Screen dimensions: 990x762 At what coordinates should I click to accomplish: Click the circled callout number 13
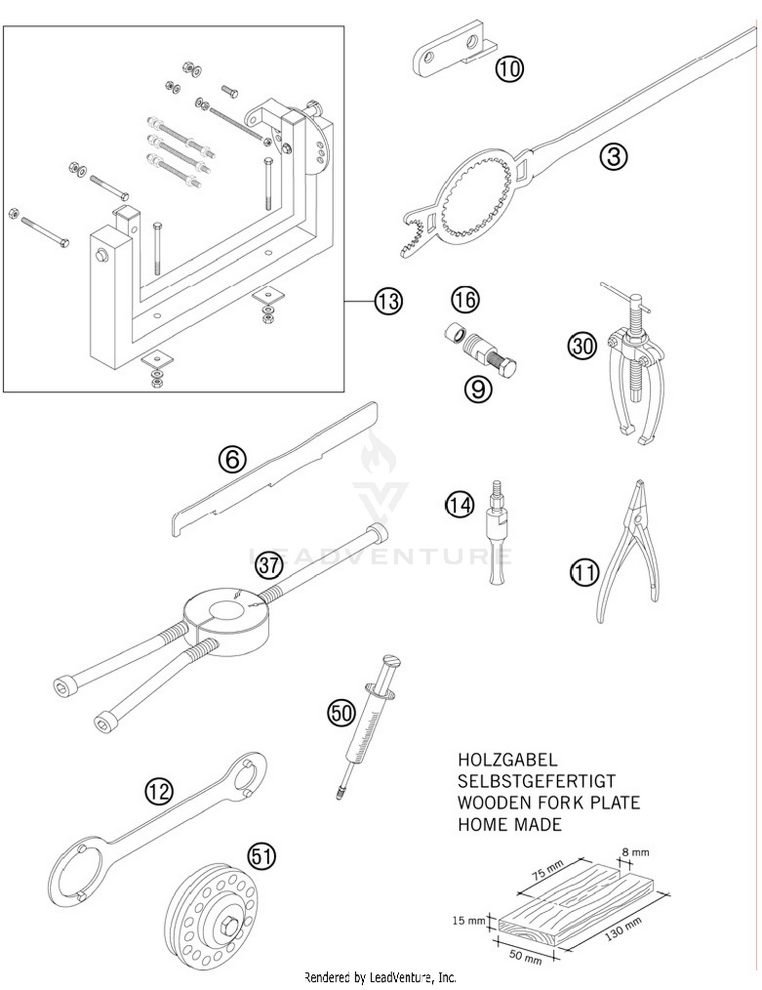(389, 301)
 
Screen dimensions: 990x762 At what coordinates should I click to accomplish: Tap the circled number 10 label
(509, 68)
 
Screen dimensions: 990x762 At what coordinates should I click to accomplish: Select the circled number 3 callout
(613, 156)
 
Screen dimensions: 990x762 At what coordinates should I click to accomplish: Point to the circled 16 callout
(465, 299)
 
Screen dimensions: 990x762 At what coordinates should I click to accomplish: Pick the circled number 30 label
(582, 346)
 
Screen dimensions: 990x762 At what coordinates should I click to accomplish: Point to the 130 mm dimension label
(623, 930)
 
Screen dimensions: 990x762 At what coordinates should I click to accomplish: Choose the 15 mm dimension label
(468, 920)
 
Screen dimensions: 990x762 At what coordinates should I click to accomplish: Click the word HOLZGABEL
(507, 760)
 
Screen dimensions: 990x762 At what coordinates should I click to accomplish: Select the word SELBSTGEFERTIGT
(536, 781)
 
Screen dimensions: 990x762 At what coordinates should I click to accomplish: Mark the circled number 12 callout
(159, 791)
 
